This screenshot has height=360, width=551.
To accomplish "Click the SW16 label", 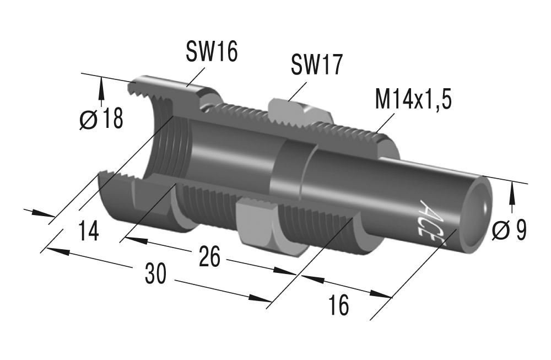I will coord(211,52).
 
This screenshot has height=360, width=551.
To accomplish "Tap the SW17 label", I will coord(316,65).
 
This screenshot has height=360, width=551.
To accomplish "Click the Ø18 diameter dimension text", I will coord(101,119).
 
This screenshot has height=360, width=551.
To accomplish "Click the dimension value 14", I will coord(88,230).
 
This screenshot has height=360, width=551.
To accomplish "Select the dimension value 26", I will coord(209,257).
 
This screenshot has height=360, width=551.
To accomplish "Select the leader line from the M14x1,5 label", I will coord(386,123).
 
